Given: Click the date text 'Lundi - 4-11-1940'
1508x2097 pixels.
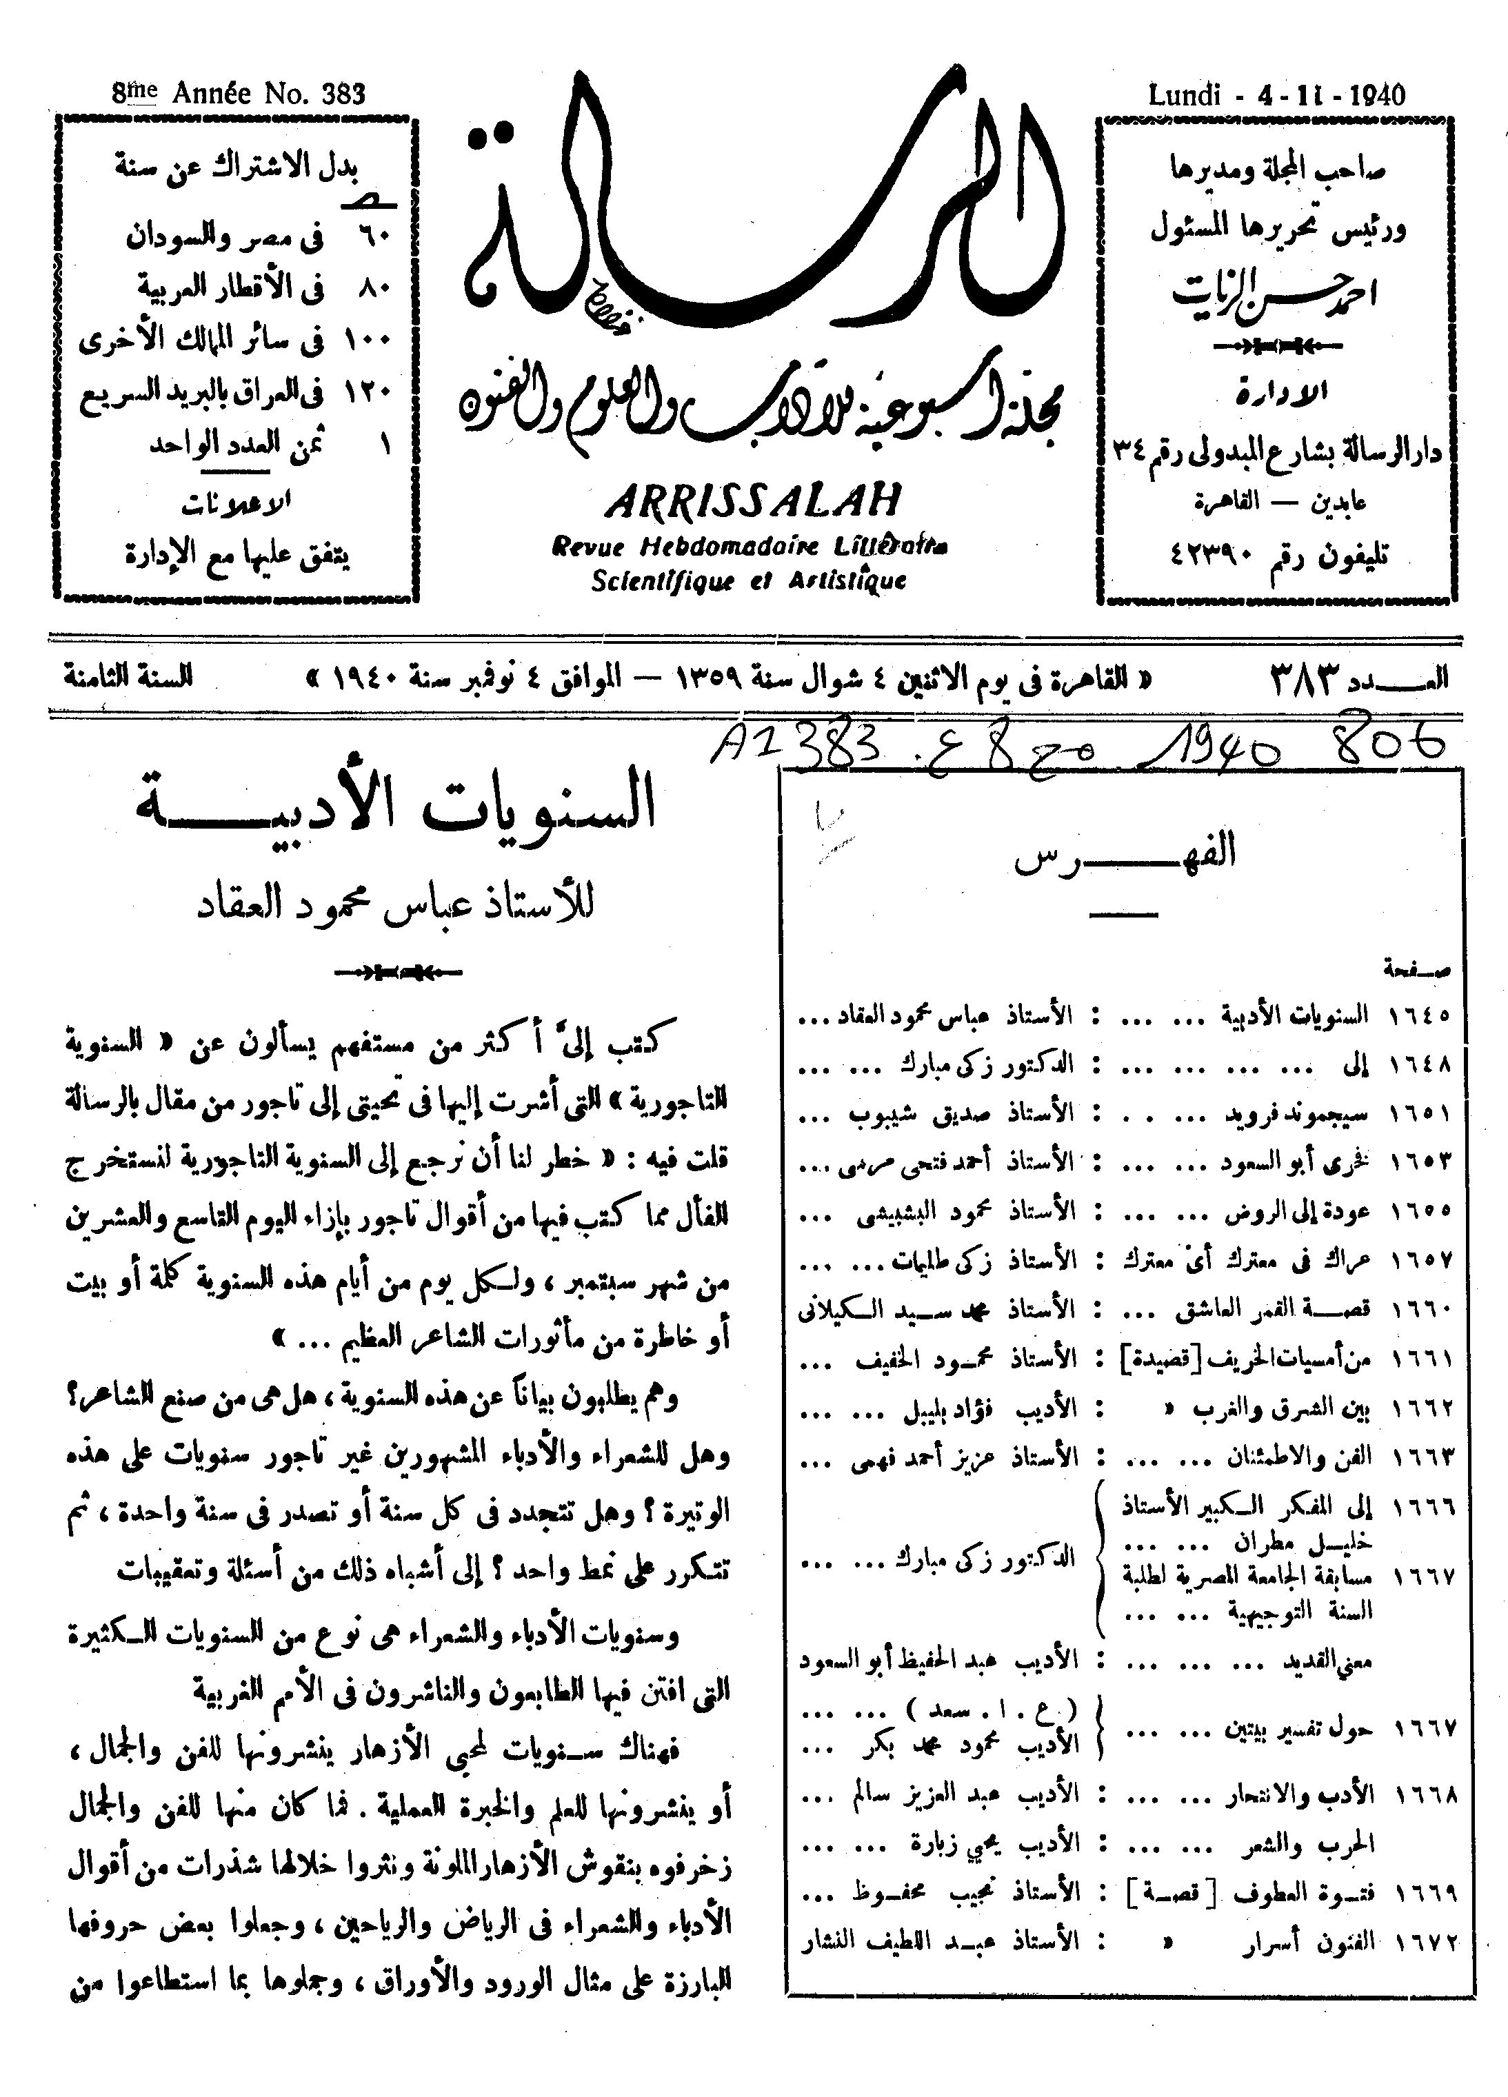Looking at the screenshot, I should pyautogui.click(x=1276, y=95).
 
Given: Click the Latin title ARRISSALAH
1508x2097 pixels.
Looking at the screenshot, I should pyautogui.click(x=754, y=503).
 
